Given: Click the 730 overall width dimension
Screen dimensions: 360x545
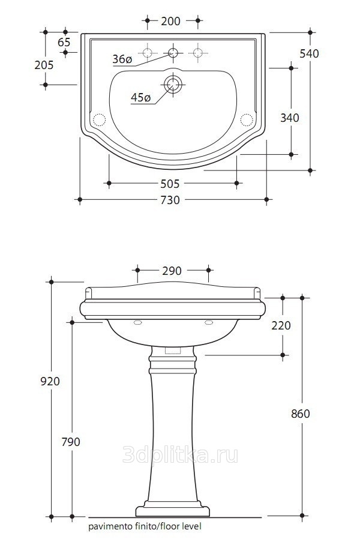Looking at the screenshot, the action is coord(170,200).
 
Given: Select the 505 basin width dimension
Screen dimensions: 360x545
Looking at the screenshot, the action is coord(170,184).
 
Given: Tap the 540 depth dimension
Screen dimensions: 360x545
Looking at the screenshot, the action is coord(309,53).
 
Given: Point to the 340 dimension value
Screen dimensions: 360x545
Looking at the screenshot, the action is coord(289,118).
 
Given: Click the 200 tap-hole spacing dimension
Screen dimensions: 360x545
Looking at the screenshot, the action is coord(170,21).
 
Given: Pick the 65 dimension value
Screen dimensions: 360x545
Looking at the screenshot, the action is coord(64,42).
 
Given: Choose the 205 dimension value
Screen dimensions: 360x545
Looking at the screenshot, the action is coord(44,65).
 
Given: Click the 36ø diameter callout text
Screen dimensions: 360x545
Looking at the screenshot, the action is coord(122,59).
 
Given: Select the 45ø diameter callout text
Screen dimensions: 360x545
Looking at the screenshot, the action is coord(141,98).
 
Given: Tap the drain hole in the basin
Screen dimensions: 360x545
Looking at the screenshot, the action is coord(173,84).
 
